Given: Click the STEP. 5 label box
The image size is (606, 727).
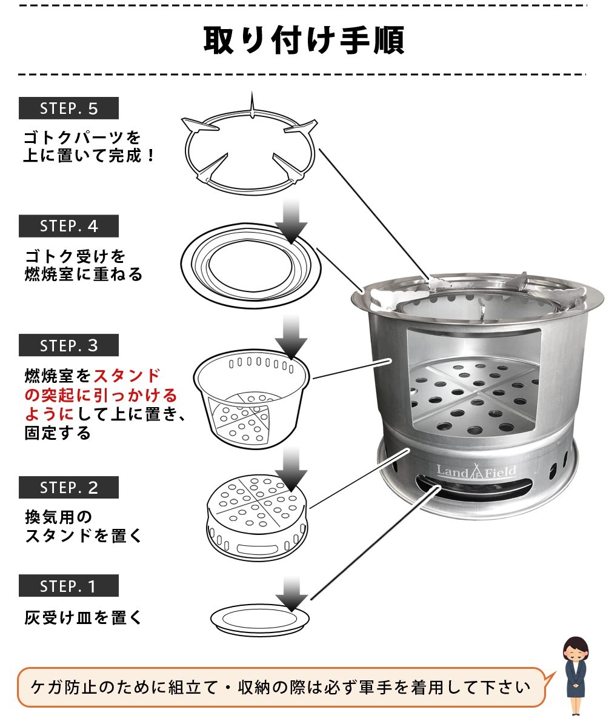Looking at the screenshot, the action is (68, 108).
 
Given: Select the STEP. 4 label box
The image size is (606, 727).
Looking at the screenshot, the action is (68, 226).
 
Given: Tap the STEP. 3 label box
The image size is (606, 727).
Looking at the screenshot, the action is (68, 345).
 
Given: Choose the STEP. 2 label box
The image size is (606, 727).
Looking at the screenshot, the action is (68, 487).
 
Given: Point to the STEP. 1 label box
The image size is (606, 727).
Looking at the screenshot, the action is (68, 586).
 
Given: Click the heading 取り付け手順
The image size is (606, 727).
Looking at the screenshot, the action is (304, 40).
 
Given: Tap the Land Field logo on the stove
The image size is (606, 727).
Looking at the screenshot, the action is (476, 471).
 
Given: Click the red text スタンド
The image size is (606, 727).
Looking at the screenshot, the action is (127, 376).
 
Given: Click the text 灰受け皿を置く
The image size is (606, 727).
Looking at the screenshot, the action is (83, 618).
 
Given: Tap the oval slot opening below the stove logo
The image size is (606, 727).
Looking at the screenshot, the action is (474, 488).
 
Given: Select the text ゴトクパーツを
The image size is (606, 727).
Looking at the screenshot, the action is (82, 137).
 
